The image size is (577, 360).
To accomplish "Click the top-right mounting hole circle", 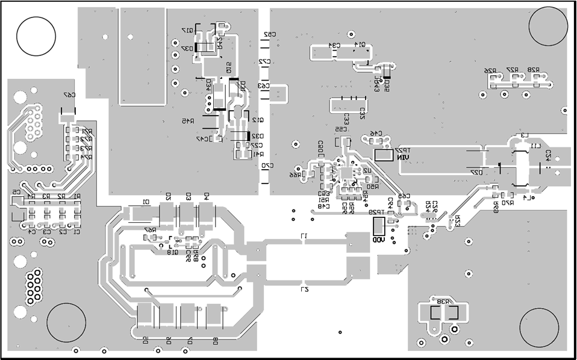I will [548, 26].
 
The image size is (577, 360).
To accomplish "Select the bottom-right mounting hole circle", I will [540, 327].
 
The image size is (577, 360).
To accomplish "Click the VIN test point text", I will [402, 158].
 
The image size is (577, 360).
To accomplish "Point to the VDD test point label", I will [378, 240].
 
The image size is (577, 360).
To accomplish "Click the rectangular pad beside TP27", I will [384, 155].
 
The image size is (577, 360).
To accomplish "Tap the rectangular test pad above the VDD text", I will [378, 226].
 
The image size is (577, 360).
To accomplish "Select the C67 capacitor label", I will [70, 95].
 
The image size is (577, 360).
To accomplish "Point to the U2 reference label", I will [366, 171].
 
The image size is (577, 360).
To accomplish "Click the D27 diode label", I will [476, 172].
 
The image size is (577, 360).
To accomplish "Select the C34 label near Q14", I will [334, 45].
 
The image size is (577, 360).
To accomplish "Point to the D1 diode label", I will [145, 202].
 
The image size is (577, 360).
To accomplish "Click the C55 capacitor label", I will [341, 129].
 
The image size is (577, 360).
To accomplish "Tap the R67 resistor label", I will [150, 230].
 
